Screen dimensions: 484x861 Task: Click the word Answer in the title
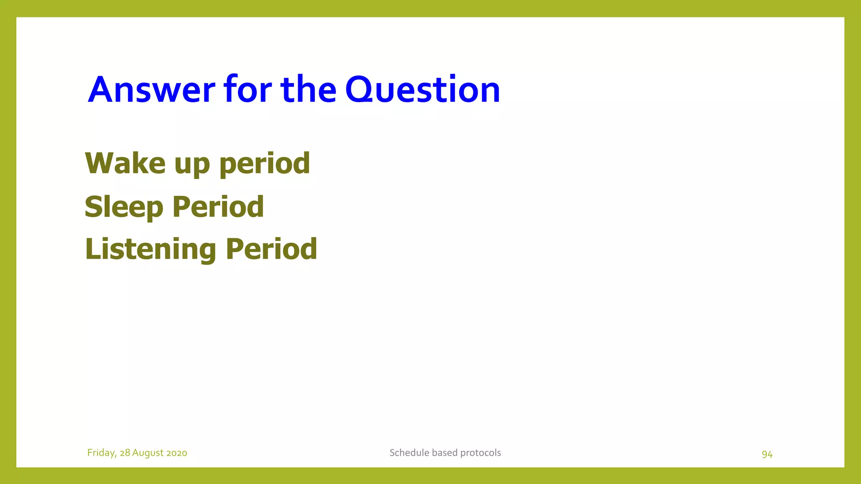click(x=151, y=89)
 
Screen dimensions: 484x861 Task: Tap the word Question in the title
click(x=423, y=89)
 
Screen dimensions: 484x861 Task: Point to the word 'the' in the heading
click(x=308, y=89)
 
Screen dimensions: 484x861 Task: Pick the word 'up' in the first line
click(x=192, y=165)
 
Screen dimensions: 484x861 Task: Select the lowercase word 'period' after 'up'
click(x=264, y=164)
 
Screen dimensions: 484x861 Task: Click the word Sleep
click(x=124, y=208)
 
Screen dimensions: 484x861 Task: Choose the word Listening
click(x=151, y=250)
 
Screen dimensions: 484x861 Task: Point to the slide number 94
click(x=767, y=454)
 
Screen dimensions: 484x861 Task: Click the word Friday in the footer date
click(x=101, y=453)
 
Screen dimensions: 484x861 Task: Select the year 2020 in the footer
click(x=177, y=453)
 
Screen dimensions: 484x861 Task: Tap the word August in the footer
click(x=148, y=453)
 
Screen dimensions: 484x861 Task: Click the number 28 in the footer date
click(x=125, y=453)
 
